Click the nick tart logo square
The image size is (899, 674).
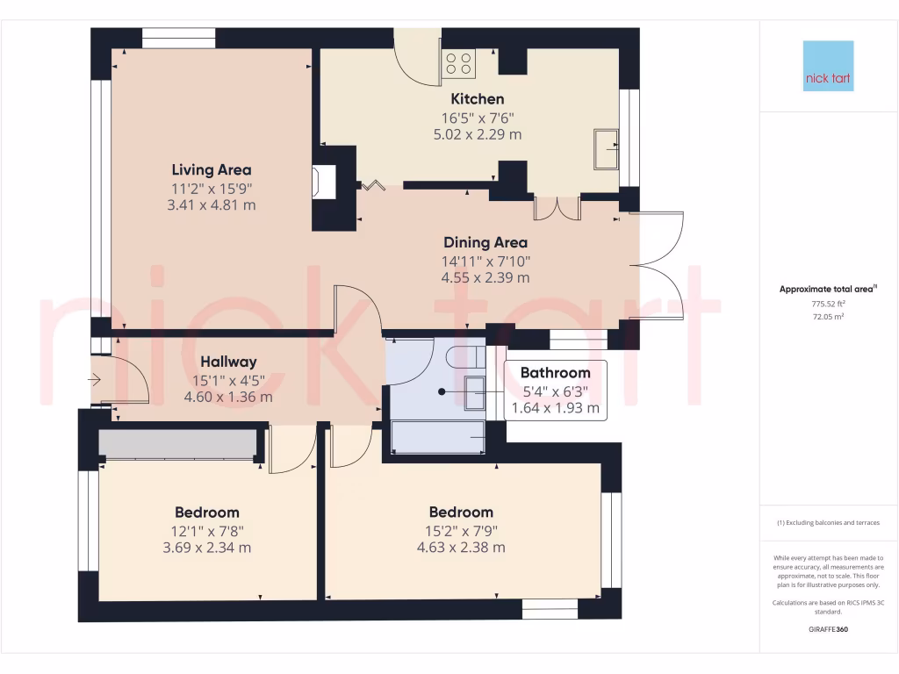(828, 66)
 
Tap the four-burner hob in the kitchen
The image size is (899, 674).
(458, 63)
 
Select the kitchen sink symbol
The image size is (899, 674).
(606, 147)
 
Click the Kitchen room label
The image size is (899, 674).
(478, 99)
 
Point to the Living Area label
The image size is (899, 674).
(212, 170)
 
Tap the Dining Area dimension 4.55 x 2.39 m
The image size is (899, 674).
(485, 278)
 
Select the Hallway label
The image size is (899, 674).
(227, 362)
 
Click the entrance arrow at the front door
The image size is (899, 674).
(96, 380)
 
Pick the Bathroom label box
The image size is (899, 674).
(555, 391)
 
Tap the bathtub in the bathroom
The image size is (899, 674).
(437, 435)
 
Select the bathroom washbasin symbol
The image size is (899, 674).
(474, 392)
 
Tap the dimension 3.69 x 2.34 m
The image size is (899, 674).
(207, 548)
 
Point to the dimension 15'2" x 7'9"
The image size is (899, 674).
(461, 530)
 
